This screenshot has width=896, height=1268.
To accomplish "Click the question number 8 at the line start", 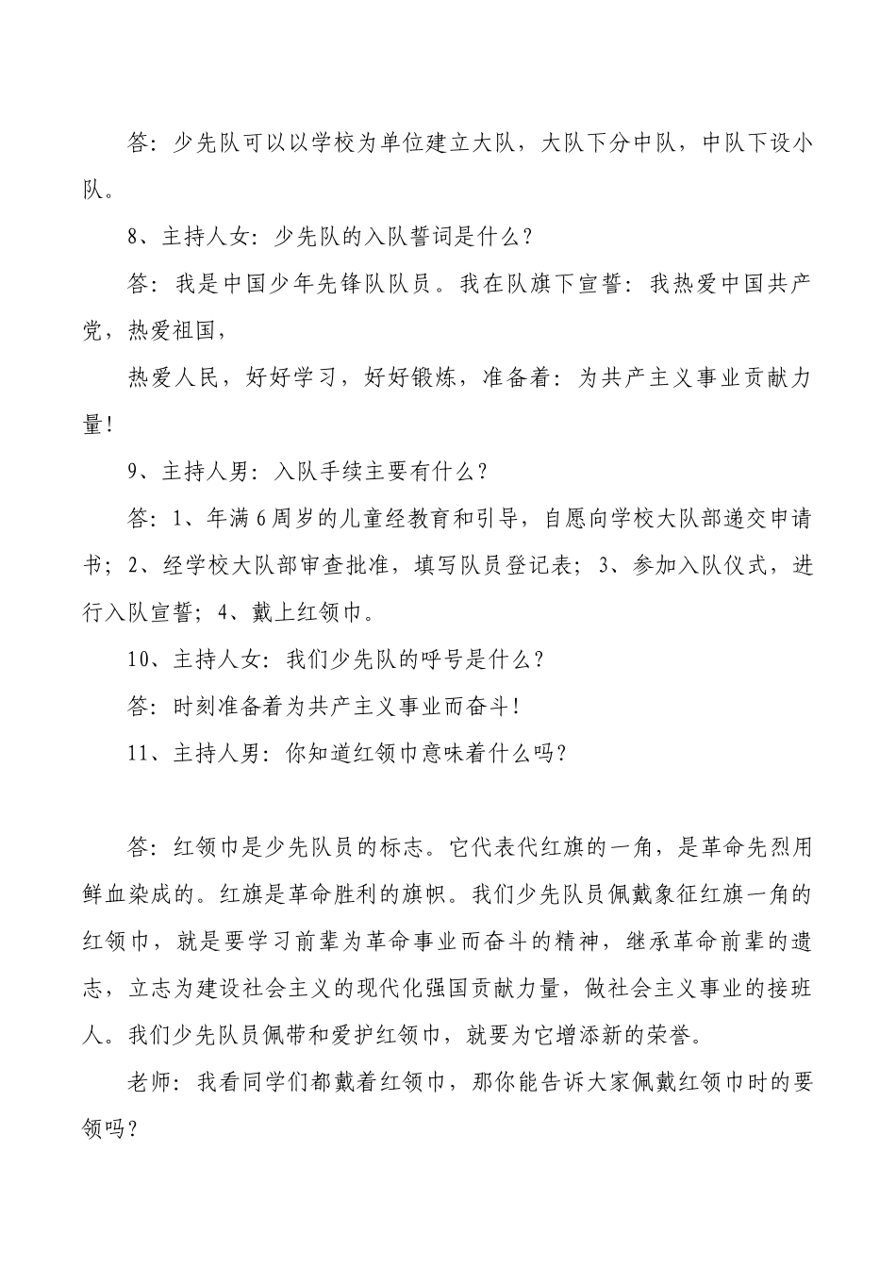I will click(134, 238).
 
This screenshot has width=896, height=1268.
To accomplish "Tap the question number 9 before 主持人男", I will click(134, 471).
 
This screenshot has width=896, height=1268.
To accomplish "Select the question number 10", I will click(140, 659).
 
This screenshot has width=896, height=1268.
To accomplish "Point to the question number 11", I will click(140, 752).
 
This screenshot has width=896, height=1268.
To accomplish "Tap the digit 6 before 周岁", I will click(262, 518).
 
